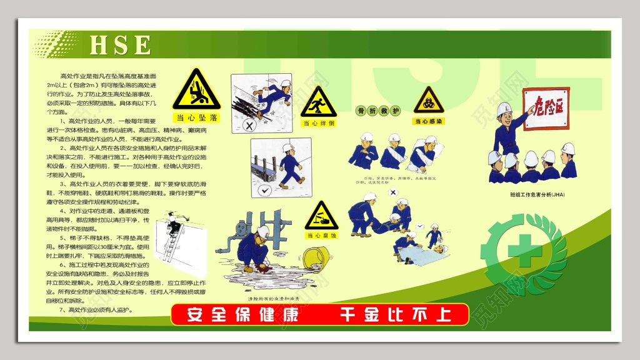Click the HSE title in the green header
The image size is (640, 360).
pos(120,45)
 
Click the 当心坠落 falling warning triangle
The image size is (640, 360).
pos(196,91)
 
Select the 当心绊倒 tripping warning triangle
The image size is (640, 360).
pos(318,103)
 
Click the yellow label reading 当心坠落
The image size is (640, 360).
pos(196,117)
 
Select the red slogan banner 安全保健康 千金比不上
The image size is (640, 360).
pos(319,314)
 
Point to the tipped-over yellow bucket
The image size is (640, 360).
pos(316,258)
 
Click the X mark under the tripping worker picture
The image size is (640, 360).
pos(249,126)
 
